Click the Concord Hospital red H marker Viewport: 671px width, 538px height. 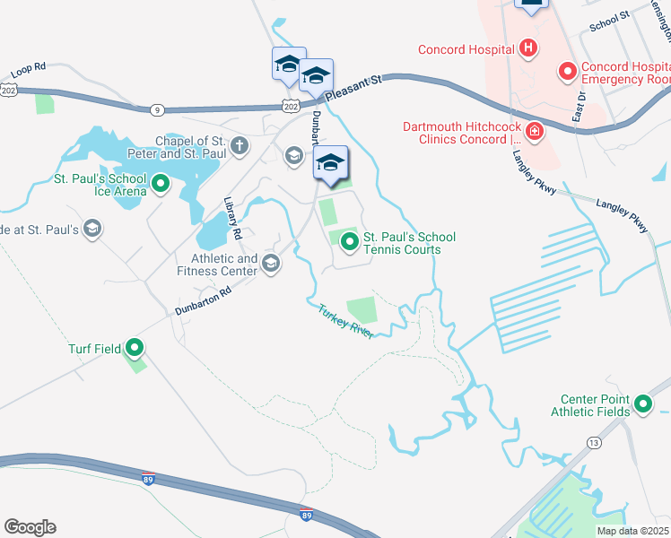529,48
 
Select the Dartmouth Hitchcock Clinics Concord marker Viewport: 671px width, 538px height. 535,133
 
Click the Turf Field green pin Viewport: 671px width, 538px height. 135,347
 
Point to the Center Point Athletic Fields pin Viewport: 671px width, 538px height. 642,404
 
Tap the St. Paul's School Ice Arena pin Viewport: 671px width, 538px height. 161,186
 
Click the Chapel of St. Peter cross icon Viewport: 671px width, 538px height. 240,145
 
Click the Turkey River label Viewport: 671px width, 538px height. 344,320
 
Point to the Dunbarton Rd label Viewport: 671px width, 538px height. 204,302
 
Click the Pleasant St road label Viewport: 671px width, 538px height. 353,87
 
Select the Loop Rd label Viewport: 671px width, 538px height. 29,72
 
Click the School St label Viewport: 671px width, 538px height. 611,19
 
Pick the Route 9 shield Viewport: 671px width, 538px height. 158,109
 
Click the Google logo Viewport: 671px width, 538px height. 30,527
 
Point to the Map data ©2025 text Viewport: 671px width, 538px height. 632,531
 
